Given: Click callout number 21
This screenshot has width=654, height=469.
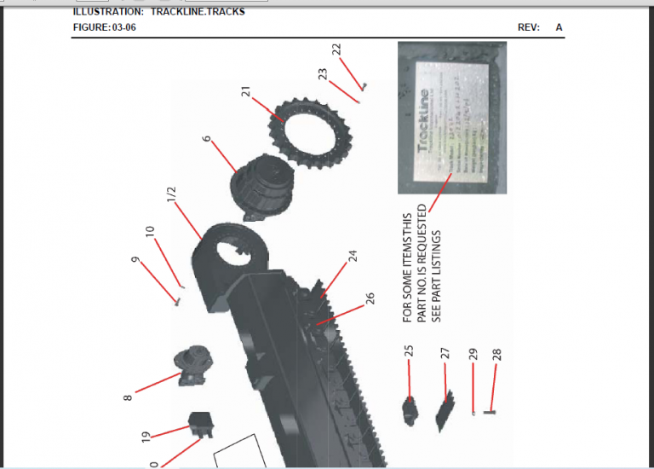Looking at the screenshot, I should [x=246, y=92].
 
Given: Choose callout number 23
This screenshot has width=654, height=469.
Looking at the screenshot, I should [x=324, y=74].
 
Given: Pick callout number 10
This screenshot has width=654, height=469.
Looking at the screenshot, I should [x=151, y=233].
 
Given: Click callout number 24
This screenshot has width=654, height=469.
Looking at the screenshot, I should [x=352, y=255].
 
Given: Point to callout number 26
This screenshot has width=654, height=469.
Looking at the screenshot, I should [x=370, y=298].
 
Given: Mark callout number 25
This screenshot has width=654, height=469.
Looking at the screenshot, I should [x=409, y=350].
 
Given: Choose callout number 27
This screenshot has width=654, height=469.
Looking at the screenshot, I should [x=445, y=353].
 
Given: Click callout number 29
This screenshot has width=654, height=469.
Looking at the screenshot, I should [x=473, y=355].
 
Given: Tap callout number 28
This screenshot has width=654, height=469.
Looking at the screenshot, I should [x=496, y=354].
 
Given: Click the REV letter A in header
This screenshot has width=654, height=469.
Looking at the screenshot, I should [x=559, y=27].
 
